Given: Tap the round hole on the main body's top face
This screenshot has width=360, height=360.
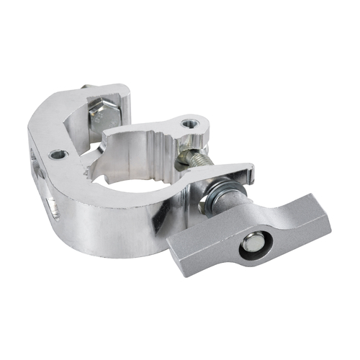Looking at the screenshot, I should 56,154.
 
